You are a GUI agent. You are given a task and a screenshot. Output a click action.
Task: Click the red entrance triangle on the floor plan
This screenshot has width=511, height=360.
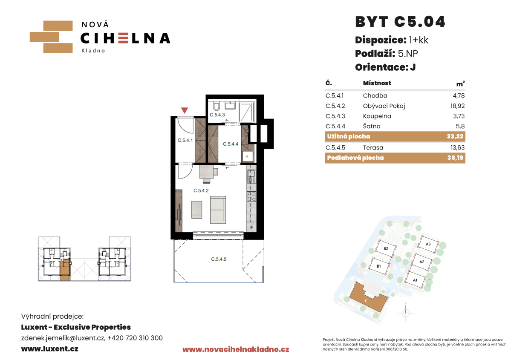pyautogui.click(x=185, y=110)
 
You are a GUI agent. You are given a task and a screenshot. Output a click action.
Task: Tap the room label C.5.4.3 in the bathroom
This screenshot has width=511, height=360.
pyautogui.click(x=217, y=115)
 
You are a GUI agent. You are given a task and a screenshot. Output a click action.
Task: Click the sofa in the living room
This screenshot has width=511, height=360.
pyautogui.click(x=218, y=210)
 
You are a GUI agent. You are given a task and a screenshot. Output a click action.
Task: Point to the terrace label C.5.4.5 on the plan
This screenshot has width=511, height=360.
pyautogui.click(x=219, y=259)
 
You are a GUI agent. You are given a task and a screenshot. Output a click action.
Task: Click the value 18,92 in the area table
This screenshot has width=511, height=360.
pyautogui.click(x=458, y=106)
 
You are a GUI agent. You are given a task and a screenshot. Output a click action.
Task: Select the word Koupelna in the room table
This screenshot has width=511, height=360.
pyautogui.click(x=377, y=116)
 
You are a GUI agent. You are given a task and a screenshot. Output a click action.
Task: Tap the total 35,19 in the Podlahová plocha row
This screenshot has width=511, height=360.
pyautogui.click(x=455, y=158)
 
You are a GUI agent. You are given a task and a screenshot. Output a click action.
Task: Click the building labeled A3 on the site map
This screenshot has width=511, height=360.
pyautogui.click(x=428, y=244)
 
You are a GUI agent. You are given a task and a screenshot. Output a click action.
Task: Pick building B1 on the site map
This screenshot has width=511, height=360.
pyautogui.click(x=379, y=266)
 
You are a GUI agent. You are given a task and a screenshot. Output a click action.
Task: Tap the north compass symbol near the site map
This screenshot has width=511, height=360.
pyautogui.click(x=406, y=312)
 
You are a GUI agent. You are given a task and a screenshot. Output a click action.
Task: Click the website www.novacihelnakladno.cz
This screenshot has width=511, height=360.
pyautogui.click(x=236, y=350)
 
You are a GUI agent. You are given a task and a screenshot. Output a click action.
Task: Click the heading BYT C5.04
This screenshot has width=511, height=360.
pyautogui.click(x=400, y=22)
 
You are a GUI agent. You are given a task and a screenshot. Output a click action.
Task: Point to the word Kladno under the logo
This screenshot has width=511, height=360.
pyautogui.click(x=93, y=51)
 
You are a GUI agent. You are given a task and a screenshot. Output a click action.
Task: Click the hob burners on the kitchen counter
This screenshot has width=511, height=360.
pyautogui.click(x=251, y=196)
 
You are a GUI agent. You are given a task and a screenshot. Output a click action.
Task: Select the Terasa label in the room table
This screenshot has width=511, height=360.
pyautogui.click(x=373, y=147)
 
